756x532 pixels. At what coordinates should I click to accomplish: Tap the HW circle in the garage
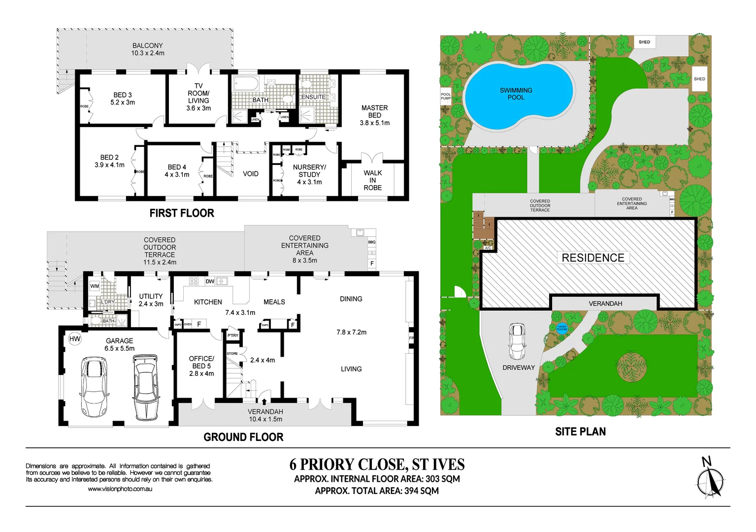point(74,339)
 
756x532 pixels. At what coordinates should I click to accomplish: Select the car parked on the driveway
point(517,341)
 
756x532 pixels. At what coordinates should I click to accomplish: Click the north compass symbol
point(710,480)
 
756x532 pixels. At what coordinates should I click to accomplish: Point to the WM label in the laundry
point(95,286)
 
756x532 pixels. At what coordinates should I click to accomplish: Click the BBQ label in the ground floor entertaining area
point(371,242)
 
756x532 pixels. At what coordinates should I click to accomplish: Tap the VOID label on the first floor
point(250,174)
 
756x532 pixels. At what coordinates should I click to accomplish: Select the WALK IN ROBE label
point(372,180)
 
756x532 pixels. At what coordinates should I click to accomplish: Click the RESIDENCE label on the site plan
point(592,258)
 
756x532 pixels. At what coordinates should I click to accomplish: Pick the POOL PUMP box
point(445,96)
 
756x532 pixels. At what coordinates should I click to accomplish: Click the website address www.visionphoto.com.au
point(120,489)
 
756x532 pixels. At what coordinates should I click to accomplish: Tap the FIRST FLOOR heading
point(182,213)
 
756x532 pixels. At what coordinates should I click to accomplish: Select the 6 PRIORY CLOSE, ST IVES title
point(377,465)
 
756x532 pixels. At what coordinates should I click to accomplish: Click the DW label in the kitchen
point(210,281)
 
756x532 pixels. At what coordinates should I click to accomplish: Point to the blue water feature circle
point(561,328)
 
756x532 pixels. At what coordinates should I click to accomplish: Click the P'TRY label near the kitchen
point(232,335)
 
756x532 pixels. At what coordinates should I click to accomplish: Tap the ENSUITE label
point(313,97)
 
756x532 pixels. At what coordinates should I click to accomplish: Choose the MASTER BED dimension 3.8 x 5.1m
point(374,123)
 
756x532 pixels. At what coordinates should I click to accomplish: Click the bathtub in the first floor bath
point(245,83)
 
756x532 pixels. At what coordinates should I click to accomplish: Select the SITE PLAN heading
point(580,432)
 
